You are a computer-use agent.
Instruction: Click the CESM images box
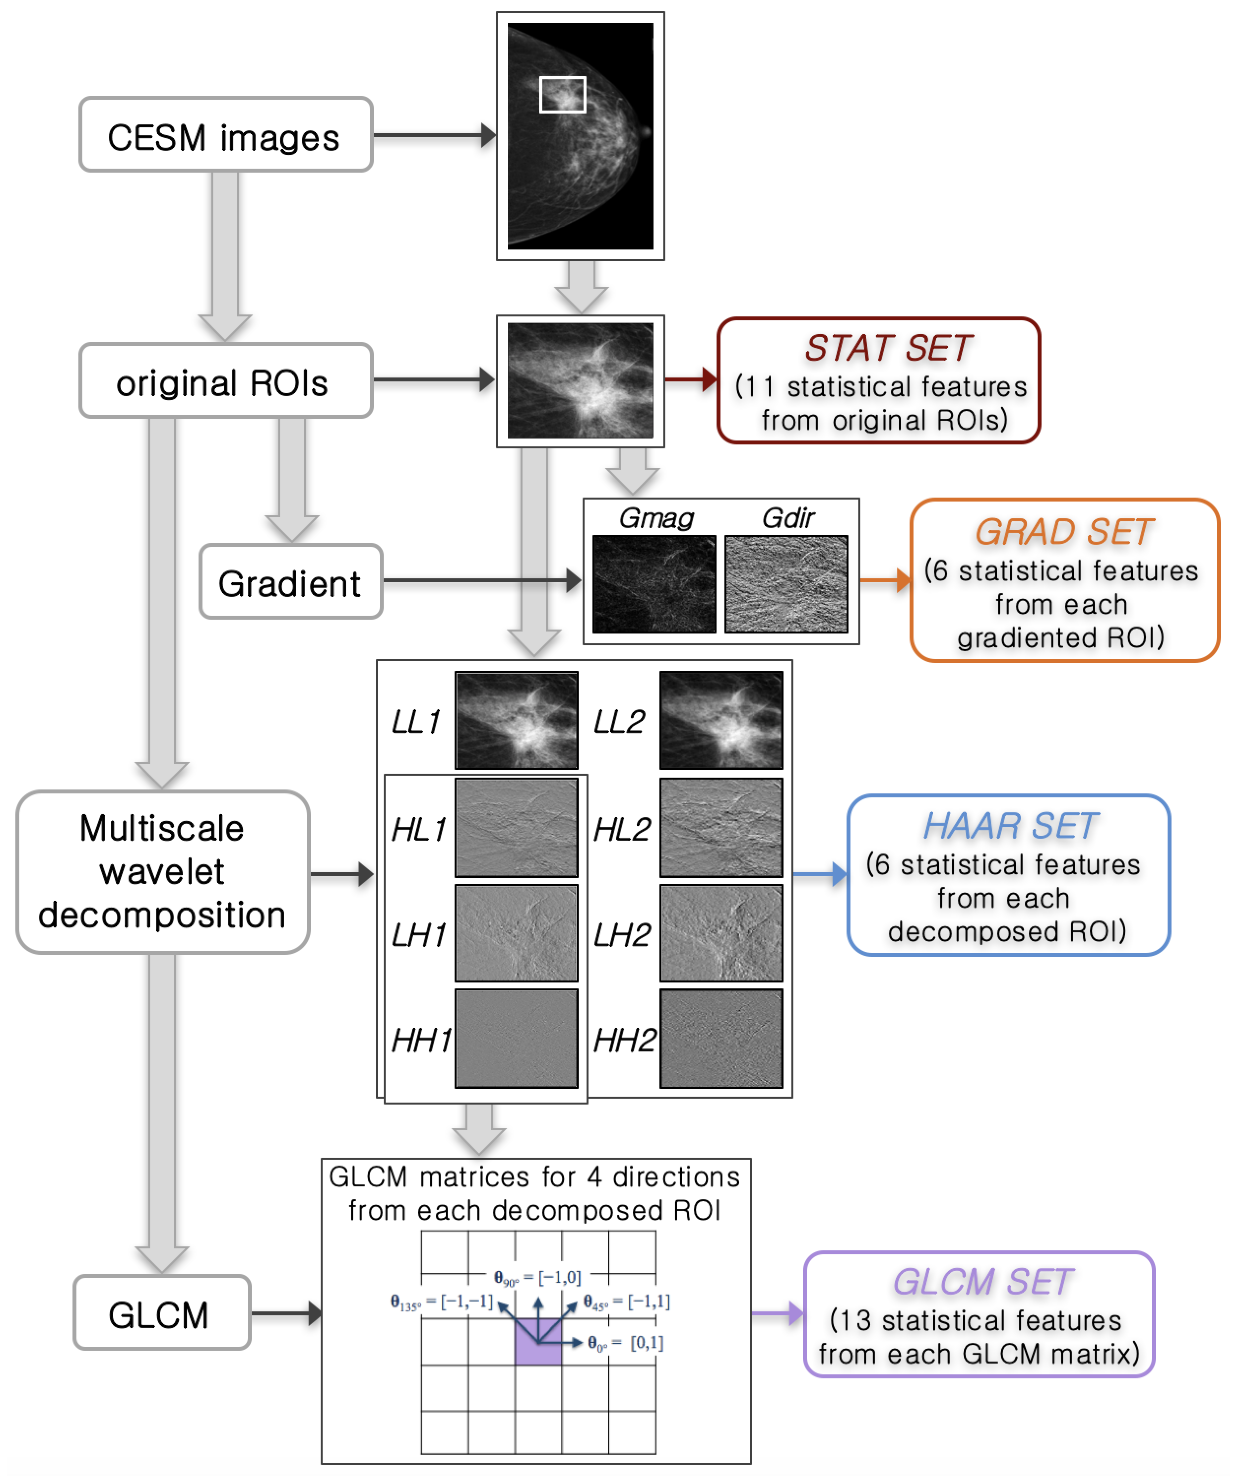point(225,135)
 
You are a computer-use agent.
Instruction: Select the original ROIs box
point(225,381)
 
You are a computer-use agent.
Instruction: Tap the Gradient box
point(290,582)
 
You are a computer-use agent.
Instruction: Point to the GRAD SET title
point(1063,532)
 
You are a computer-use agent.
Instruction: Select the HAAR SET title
point(1009,826)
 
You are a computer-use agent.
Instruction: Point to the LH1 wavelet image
point(516,933)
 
